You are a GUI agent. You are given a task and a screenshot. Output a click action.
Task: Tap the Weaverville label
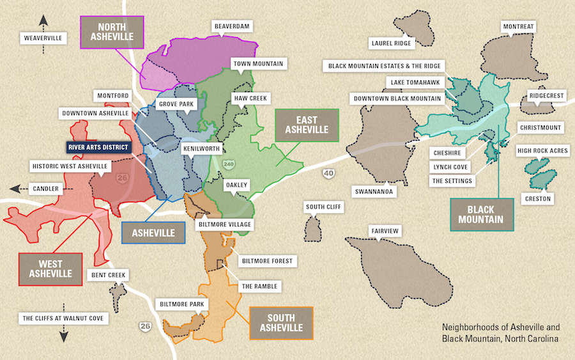(x=43, y=38)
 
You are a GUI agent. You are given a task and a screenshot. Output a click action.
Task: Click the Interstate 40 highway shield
(x=328, y=173)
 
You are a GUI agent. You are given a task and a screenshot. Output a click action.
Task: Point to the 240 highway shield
(x=229, y=164)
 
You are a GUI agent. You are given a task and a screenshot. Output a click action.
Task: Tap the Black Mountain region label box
(x=482, y=214)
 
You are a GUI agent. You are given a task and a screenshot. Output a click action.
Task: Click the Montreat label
(x=518, y=27)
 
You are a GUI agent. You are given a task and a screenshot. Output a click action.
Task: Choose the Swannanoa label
(x=375, y=191)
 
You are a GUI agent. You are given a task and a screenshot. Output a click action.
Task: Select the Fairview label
(x=386, y=231)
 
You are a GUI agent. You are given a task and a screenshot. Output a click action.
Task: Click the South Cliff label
(x=324, y=207)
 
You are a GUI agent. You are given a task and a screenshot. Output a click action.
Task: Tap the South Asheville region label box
(x=280, y=323)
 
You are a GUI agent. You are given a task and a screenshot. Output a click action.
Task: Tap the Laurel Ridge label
(x=392, y=43)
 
